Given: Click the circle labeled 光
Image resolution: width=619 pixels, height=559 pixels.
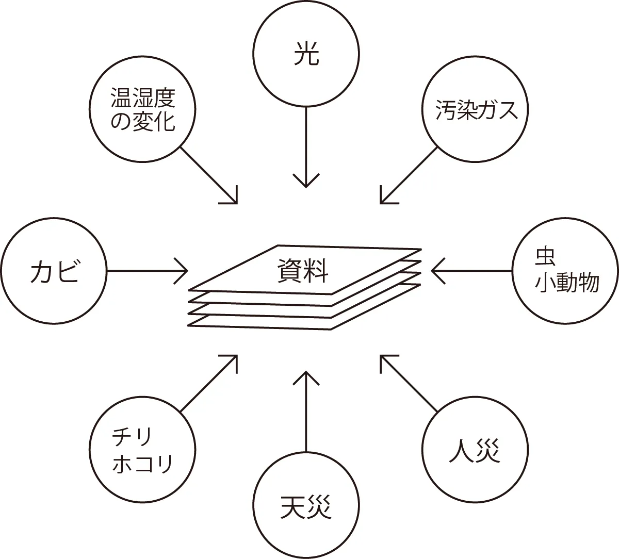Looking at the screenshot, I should (306, 54).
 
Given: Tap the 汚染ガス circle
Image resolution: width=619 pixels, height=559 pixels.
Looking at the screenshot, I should (475, 110).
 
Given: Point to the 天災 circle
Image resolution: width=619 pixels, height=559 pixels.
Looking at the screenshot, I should (306, 506).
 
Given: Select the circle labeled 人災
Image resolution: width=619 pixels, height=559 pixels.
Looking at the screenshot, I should (475, 450).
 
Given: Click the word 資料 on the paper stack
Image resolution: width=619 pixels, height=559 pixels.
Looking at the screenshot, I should (303, 270).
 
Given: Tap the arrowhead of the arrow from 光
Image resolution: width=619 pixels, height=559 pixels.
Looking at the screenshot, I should (306, 184).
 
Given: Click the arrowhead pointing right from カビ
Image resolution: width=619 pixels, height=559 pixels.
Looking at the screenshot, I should (184, 270).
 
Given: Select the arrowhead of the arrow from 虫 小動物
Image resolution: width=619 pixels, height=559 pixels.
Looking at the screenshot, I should (435, 270).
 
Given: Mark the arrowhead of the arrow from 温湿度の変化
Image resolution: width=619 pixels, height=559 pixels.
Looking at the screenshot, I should (234, 200).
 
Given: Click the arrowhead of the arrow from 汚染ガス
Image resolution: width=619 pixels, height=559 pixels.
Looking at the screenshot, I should (383, 200).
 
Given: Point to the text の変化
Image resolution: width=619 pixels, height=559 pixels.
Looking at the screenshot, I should (143, 123).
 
